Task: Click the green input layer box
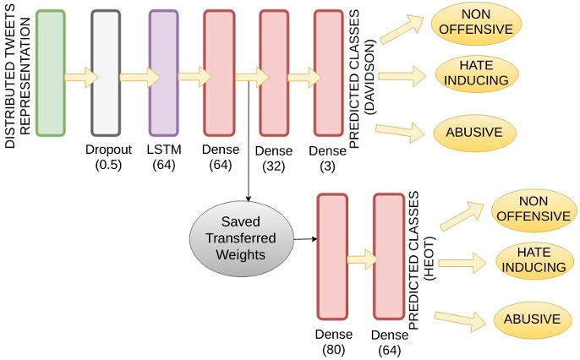click(52, 74)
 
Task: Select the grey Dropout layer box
click(106, 74)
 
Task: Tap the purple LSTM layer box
click(163, 74)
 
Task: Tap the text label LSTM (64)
click(163, 157)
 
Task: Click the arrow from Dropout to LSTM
click(140, 78)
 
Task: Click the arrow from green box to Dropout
click(82, 78)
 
